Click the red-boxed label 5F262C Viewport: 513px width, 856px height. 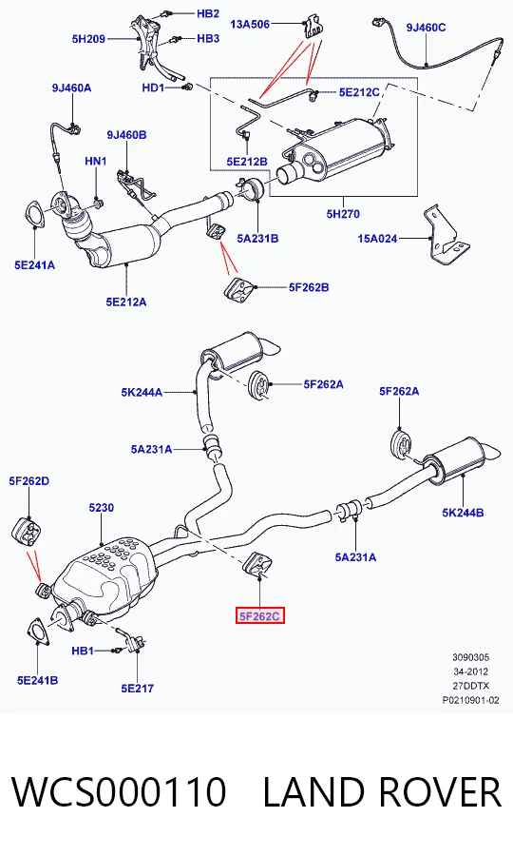pos(259,616)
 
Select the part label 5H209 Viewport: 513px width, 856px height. pos(88,39)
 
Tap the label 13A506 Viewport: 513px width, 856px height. pos(250,24)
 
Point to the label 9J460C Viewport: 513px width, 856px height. pos(426,28)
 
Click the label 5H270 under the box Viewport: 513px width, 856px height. pos(344,213)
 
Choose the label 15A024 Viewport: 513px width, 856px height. pos(377,239)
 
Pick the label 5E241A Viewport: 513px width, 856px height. pos(35,265)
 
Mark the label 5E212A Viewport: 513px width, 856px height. pos(126,302)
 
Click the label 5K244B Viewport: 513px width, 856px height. pos(463,512)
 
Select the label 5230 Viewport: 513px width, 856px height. pos(102,507)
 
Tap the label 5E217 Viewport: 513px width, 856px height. pos(138,689)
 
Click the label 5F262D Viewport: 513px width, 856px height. pos(28,480)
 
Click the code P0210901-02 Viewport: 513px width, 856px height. pos(470,700)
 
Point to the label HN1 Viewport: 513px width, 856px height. pos(95,161)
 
